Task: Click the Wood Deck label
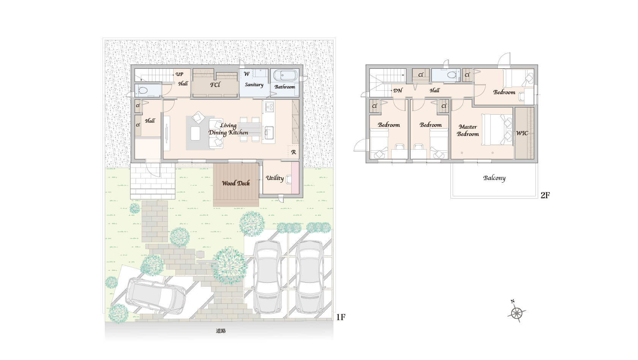coord(236,183)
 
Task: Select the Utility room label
coord(275,178)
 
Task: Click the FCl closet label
coord(215,85)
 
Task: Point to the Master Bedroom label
coord(468,131)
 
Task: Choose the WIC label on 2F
coord(522,133)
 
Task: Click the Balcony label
coord(494,178)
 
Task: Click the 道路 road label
coord(221,331)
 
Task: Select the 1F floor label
coord(341,317)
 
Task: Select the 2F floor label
coord(545,195)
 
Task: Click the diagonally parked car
coord(156,296)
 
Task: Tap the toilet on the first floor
coord(143,91)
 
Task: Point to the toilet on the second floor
coord(452,75)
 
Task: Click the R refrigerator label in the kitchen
coord(294,152)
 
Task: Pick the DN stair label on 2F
coord(398,90)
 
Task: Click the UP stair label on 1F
coord(179,74)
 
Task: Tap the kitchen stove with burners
coord(270,107)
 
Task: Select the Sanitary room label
coord(254,85)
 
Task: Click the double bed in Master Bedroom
coord(497,129)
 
